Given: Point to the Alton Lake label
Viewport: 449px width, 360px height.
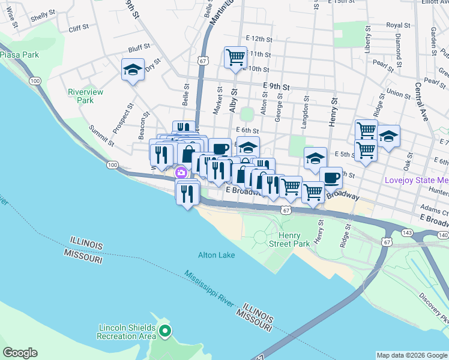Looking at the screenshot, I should coord(217,255).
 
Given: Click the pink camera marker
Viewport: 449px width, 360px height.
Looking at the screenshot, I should coord(181,173).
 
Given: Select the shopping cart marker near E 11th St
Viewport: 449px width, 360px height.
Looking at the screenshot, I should coord(235,58).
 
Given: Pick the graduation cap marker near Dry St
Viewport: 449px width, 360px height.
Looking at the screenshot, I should coord(133,70).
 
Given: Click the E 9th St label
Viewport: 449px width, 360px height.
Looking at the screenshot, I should coord(276,86).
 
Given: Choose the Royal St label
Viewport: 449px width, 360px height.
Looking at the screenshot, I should coord(397,25).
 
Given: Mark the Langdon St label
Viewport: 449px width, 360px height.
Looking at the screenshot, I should coord(306,108).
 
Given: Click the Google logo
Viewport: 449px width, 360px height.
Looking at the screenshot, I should coord(20,353).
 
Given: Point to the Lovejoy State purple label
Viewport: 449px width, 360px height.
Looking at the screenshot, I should coord(417,181).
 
